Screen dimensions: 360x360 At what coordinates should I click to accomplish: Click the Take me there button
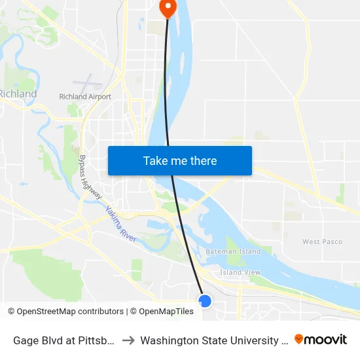click(x=180, y=160)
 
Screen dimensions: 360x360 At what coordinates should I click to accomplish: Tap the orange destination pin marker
click(x=168, y=7)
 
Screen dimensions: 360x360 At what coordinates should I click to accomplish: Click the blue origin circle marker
click(x=205, y=300)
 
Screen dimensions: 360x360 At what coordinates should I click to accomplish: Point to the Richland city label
click(x=18, y=94)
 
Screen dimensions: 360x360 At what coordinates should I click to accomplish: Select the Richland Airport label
click(x=85, y=97)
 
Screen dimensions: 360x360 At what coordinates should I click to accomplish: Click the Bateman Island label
click(x=233, y=251)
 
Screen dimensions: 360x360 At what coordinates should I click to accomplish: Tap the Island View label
click(x=240, y=272)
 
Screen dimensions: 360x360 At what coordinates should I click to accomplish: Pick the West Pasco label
click(x=322, y=242)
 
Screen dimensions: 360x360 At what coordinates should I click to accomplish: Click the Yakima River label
click(x=120, y=224)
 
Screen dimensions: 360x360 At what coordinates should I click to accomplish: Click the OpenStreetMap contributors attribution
click(x=65, y=312)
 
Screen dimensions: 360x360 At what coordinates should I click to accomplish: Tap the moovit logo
click(x=321, y=339)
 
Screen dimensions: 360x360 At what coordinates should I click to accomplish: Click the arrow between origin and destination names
click(x=128, y=340)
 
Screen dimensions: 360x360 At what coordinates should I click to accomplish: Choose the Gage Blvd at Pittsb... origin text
click(x=65, y=340)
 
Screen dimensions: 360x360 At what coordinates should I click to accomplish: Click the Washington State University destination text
click(x=213, y=340)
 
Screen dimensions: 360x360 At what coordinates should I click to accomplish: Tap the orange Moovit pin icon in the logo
click(x=299, y=339)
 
